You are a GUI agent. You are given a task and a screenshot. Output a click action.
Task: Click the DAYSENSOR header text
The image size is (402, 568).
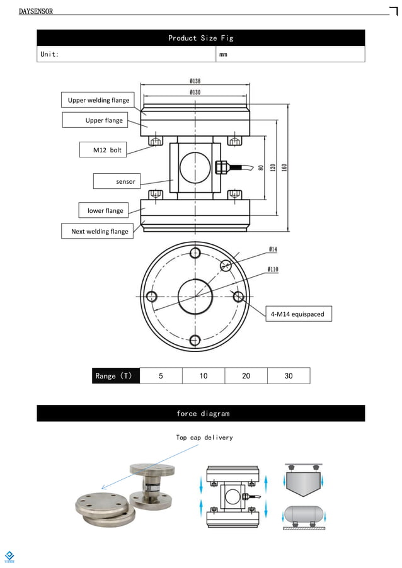[x=36, y=11]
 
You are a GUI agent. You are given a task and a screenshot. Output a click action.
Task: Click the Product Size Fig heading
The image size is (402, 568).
[x=200, y=38]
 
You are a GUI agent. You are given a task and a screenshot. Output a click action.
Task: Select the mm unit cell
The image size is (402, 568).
[x=223, y=55]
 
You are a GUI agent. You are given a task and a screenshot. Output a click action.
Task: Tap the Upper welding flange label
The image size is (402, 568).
[x=98, y=100]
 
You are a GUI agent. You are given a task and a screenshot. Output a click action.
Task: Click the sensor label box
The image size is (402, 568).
[x=125, y=181]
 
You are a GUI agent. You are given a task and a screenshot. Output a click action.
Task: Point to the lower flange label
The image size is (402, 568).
[x=105, y=210]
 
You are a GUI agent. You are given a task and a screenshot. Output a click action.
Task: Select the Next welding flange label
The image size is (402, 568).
[x=100, y=231]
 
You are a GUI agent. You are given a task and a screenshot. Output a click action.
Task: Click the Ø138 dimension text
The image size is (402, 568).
[x=195, y=81]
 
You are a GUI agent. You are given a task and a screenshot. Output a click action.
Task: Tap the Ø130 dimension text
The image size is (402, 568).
[x=195, y=93]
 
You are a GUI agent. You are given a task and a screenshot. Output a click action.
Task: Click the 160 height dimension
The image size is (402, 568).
[x=285, y=169]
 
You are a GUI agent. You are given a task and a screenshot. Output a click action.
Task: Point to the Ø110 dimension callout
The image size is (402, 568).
[x=273, y=270]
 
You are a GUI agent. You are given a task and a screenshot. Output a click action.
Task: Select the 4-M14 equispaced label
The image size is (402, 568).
[x=297, y=314]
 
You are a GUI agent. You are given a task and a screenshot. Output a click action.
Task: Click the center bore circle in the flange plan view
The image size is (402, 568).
[x=195, y=296]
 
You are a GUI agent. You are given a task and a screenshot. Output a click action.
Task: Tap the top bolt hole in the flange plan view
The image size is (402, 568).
[x=195, y=253]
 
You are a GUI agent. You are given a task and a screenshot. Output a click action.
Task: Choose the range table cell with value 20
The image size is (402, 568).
[x=246, y=376]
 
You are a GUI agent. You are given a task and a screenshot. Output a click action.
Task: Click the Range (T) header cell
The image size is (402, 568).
[x=115, y=376]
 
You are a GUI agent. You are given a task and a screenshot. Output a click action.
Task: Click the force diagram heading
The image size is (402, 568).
[x=200, y=414]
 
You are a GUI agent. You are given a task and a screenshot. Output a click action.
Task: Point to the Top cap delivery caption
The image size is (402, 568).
[x=204, y=438]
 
